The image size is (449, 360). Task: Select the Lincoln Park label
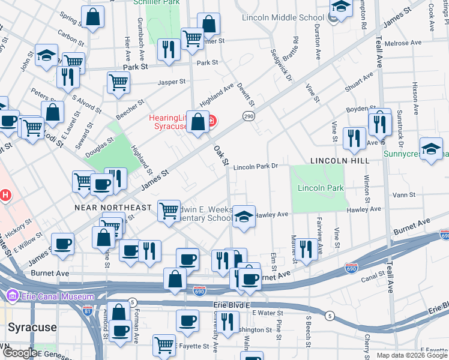tap(321, 188)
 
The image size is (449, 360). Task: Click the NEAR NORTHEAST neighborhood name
tap(113, 208)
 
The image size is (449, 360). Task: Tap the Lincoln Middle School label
tap(283, 17)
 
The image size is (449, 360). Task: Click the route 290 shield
tap(248, 115)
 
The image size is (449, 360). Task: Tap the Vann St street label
tap(399, 195)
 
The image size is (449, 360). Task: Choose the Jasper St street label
tap(170, 82)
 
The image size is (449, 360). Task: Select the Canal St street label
tap(373, 279)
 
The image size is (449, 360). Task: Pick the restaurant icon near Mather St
tap(306, 249)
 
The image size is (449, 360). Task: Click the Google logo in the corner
tap(20, 353)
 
